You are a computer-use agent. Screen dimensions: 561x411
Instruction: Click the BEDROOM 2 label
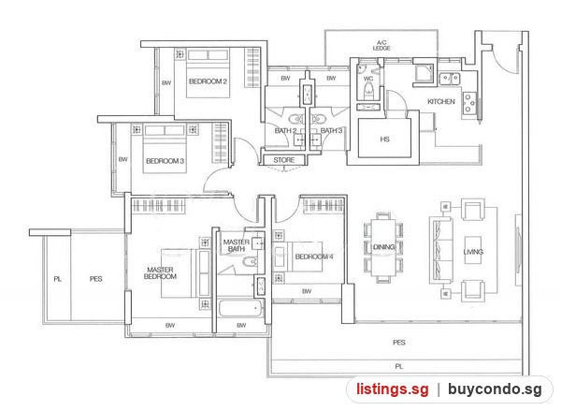208,81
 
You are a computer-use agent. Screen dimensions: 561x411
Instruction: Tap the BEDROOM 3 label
165,161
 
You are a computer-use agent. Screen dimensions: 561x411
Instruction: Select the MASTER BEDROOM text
160,273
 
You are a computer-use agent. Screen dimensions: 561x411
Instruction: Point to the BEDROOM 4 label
314,257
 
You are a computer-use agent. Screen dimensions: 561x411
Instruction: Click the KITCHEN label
441,102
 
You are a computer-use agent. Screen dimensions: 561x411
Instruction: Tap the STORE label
284,160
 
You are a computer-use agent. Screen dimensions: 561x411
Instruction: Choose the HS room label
384,139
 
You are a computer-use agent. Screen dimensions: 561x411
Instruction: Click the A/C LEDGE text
381,46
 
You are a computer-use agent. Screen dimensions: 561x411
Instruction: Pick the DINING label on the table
384,247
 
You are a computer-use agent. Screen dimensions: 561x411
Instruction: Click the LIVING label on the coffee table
473,252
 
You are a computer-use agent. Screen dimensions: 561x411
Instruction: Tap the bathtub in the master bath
240,309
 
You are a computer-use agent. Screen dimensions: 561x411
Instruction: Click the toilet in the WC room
368,90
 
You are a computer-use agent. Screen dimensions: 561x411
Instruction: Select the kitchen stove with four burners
469,103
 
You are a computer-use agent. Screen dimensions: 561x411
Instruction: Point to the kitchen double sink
450,78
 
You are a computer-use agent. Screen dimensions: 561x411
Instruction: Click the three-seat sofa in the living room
441,251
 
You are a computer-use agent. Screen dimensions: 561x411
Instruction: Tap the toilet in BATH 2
295,119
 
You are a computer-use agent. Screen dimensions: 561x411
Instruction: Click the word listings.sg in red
392,389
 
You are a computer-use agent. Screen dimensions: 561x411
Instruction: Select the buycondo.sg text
495,389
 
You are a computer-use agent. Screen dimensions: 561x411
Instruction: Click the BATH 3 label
331,130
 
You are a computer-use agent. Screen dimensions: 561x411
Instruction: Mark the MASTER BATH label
237,245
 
